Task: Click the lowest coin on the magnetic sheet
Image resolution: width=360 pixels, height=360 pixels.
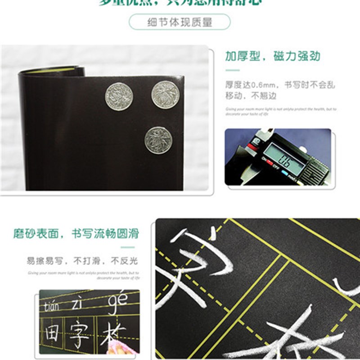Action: pos(158,139)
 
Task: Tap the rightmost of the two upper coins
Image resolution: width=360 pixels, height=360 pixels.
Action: pos(165,94)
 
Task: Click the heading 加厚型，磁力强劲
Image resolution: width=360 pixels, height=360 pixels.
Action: pos(273,56)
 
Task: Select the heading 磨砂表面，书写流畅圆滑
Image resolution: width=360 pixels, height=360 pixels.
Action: pos(76,234)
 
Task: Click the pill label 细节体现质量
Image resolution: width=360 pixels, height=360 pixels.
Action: pos(180,22)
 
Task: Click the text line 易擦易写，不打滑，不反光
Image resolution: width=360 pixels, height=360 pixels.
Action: pos(82,261)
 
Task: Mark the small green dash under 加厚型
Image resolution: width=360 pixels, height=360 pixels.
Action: pos(232,70)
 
